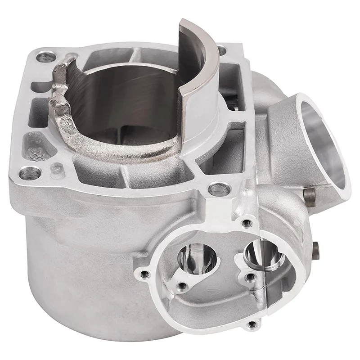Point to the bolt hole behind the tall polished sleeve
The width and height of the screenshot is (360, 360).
coord(221,50)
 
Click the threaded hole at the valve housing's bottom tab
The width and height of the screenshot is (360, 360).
coord(253,324)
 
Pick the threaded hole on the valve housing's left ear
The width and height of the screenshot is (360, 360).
coord(144,273)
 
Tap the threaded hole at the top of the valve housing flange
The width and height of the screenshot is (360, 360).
coord(246,222)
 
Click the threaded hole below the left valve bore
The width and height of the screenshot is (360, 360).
coord(182,285)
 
